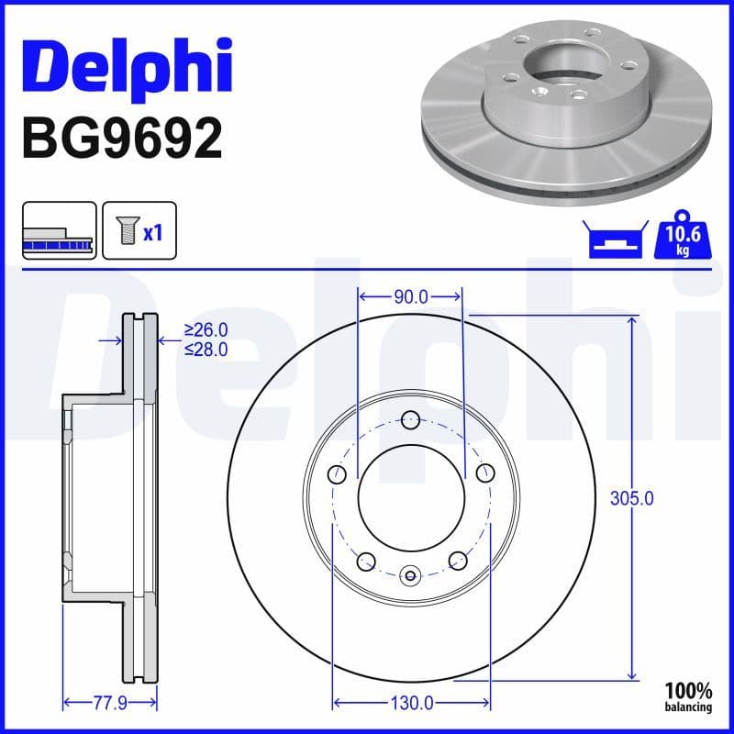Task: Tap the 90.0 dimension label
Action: (410, 296)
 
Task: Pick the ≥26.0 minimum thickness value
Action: (206, 329)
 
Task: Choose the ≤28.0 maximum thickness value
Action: (206, 349)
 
